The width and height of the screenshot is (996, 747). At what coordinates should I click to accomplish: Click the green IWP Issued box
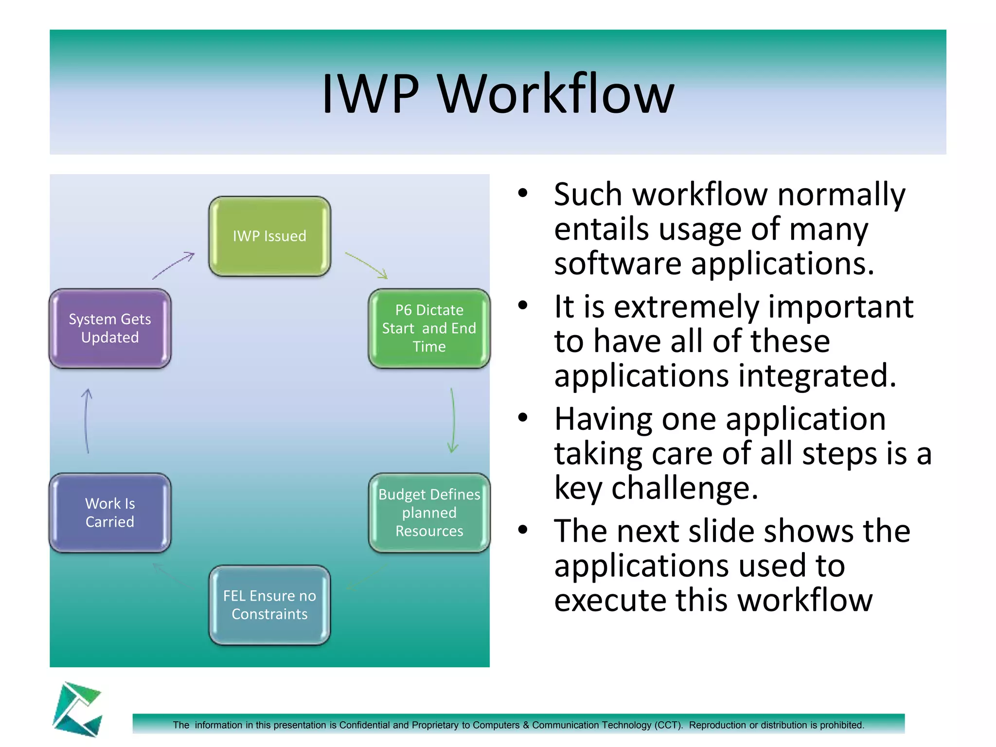tap(269, 236)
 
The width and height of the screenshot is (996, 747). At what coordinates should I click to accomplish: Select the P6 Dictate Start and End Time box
tap(429, 328)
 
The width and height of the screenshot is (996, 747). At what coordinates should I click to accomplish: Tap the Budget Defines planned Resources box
tap(429, 513)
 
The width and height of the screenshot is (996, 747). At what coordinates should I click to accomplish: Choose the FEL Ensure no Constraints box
tap(269, 605)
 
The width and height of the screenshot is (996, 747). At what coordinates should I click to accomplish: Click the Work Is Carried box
tap(110, 513)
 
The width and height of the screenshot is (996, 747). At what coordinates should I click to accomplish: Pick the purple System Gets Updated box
tap(110, 328)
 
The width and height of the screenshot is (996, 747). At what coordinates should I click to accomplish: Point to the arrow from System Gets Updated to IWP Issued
tap(174, 266)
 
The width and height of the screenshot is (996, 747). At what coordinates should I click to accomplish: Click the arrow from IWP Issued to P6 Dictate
tap(367, 265)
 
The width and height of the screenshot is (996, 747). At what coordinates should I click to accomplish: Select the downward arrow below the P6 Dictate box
tap(453, 421)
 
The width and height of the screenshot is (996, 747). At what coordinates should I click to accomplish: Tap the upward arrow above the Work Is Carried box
tap(87, 421)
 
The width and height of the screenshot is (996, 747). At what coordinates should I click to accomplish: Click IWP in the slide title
tap(371, 93)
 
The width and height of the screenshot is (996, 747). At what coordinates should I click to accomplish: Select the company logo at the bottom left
tap(78, 709)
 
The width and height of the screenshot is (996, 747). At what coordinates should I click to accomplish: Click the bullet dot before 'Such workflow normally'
tap(522, 193)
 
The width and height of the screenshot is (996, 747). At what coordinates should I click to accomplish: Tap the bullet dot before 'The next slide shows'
tap(522, 530)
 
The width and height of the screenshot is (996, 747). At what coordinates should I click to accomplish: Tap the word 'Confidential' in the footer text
tap(365, 725)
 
